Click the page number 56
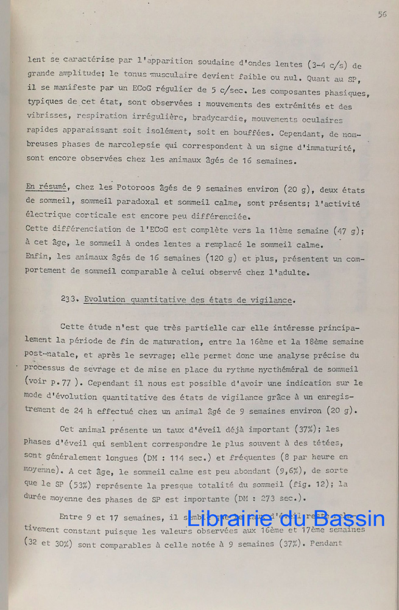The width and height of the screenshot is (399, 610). [382, 15]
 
